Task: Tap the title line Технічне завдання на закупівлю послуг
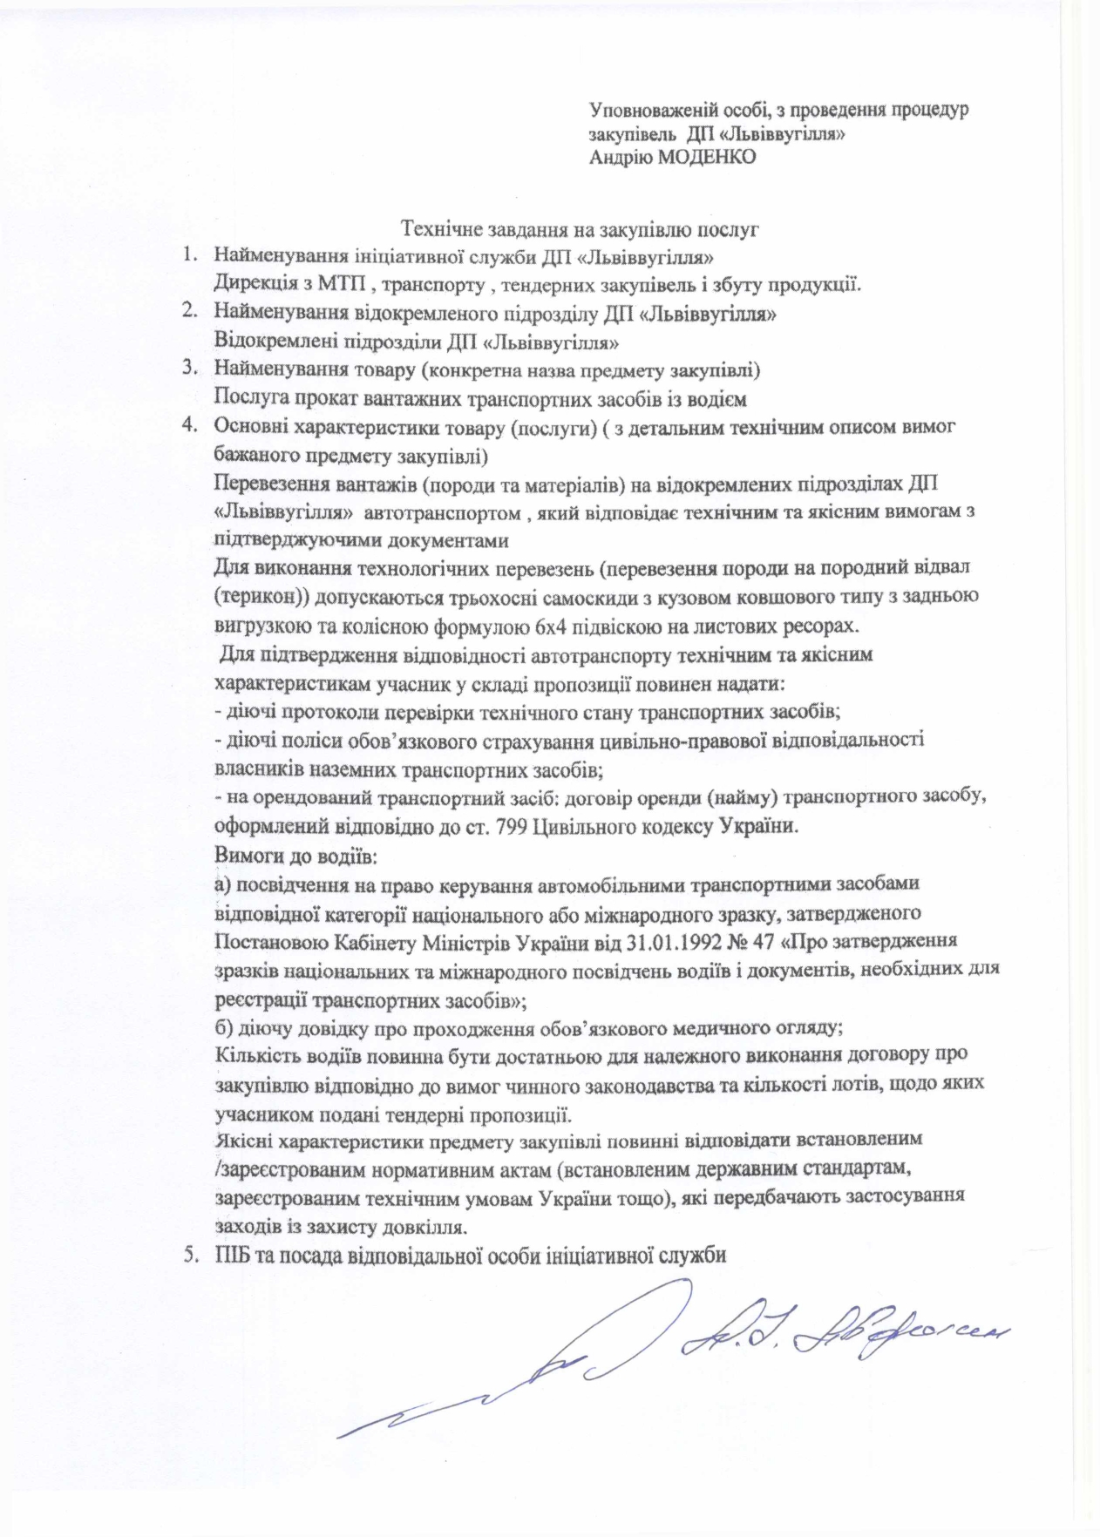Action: [x=580, y=230]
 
